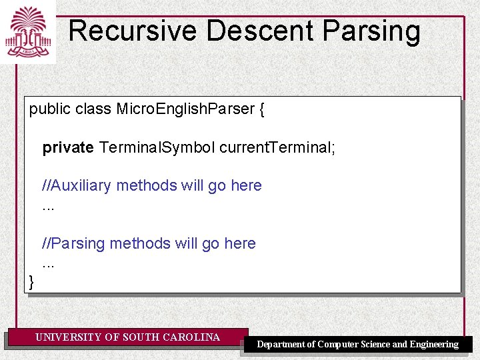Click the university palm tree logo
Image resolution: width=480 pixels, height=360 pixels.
(27, 31)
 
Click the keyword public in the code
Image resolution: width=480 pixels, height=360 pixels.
(49, 109)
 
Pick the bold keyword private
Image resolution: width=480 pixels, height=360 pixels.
(68, 147)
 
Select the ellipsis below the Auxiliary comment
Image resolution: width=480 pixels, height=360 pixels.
(48, 208)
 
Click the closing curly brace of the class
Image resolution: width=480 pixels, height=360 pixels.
(31, 283)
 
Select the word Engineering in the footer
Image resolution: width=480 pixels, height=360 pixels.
(433, 345)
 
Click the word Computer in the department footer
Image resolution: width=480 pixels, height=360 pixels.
(339, 345)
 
